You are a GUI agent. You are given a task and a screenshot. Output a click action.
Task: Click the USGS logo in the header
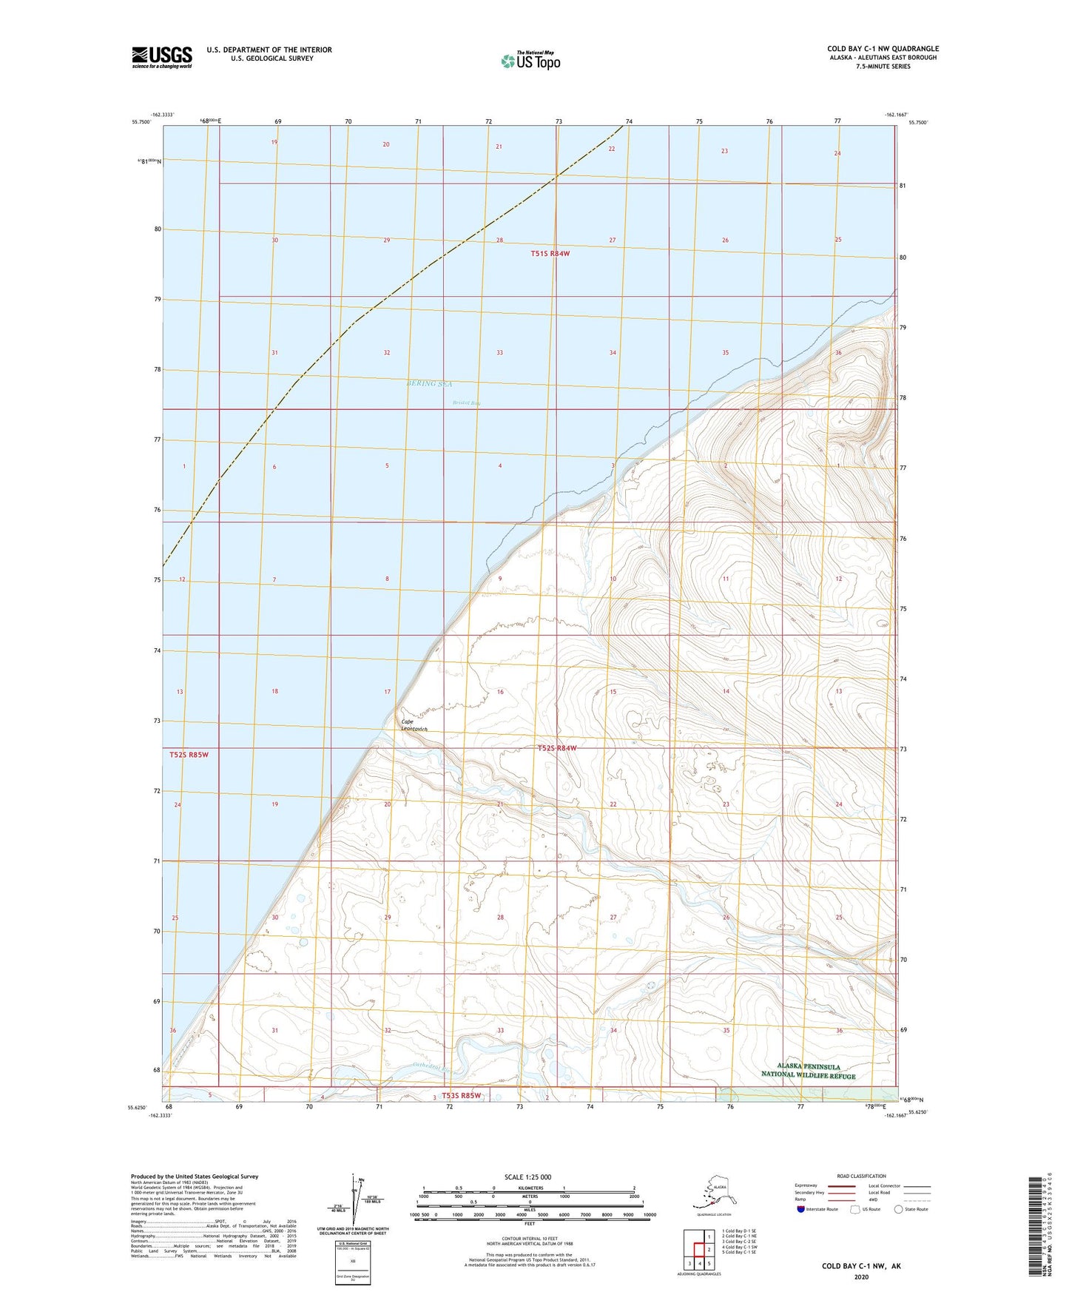(162, 56)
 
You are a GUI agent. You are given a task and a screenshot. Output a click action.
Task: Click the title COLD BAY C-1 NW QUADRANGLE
(883, 49)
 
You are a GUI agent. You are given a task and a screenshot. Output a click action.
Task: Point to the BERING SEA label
(429, 384)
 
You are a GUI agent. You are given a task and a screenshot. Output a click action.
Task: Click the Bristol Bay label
(466, 403)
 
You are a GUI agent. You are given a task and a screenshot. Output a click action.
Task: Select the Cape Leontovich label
(414, 725)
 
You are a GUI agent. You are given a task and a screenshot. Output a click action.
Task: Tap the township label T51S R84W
(550, 254)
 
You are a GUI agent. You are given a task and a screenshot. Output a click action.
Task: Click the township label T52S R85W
(189, 755)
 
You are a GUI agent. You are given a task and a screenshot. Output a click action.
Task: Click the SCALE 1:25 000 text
(528, 1177)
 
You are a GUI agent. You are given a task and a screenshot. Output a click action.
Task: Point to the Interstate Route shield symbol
(801, 1209)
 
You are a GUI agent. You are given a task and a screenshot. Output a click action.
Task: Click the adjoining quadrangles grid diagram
(699, 1249)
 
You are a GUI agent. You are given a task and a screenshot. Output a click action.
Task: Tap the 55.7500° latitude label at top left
(140, 122)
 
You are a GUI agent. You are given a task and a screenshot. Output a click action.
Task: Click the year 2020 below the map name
(860, 1276)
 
